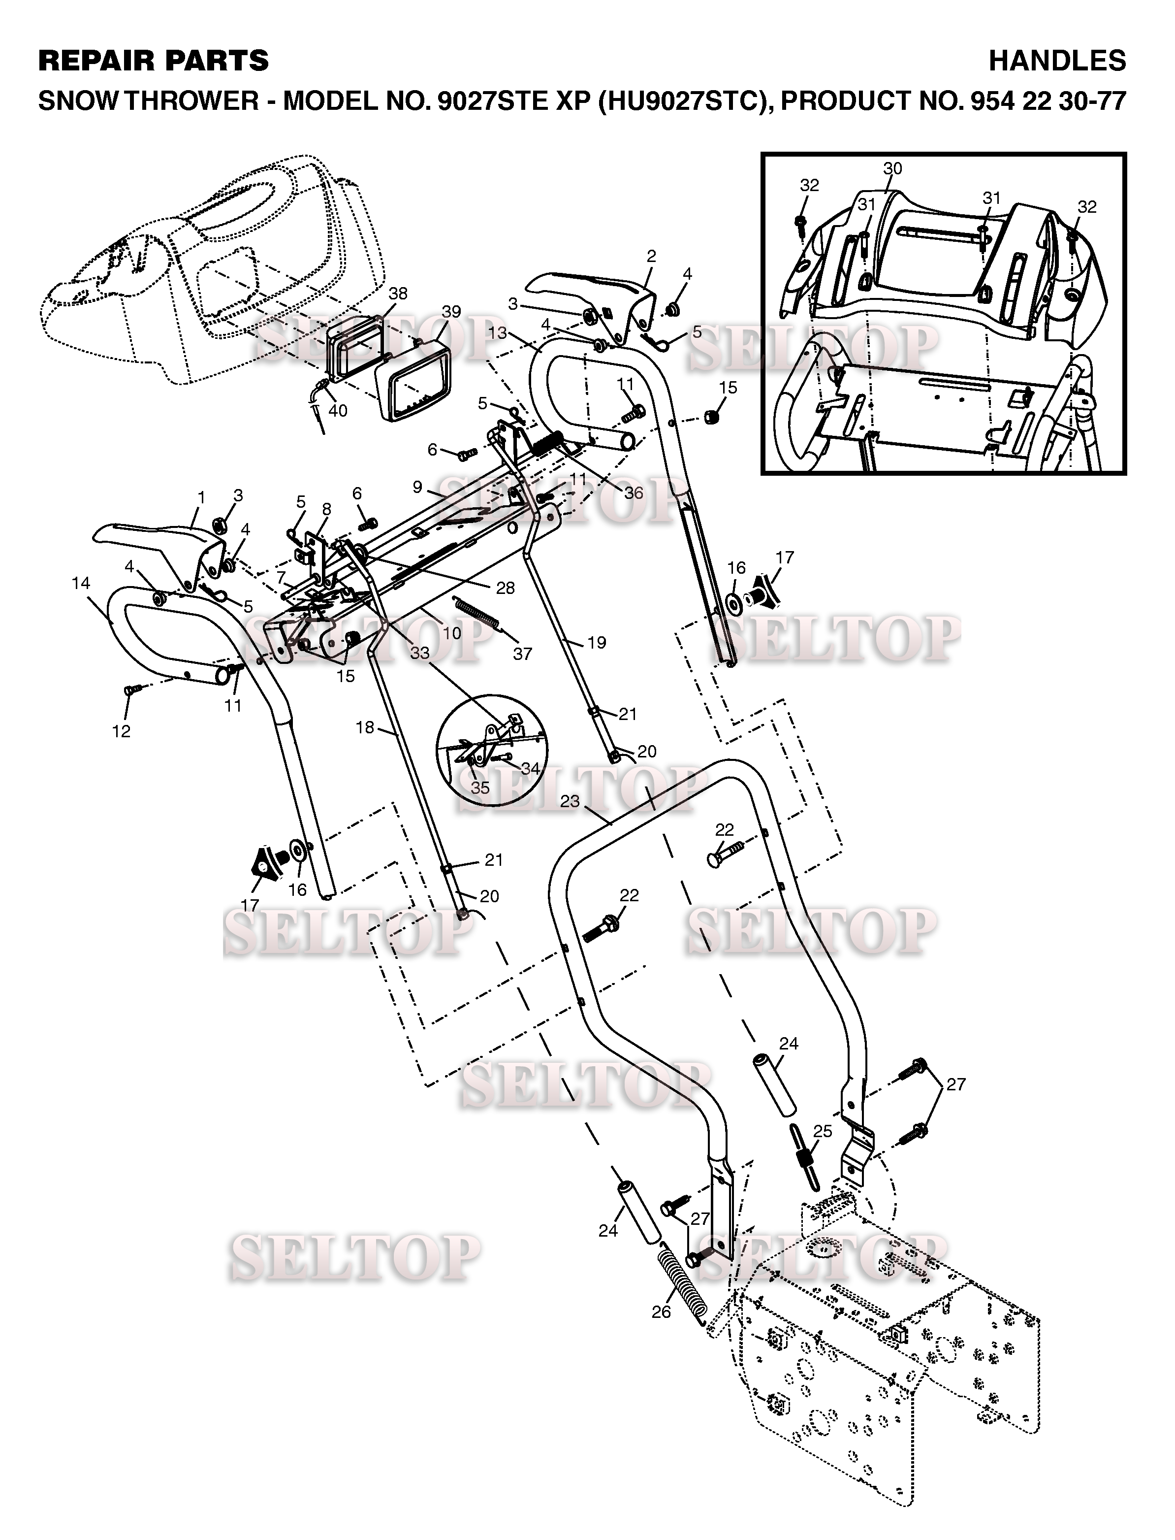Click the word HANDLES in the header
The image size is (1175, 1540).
tap(1057, 61)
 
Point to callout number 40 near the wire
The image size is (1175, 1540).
tap(338, 410)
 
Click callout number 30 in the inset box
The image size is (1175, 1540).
tap(892, 168)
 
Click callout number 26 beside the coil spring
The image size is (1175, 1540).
tap(661, 1312)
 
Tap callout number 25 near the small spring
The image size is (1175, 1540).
tap(823, 1131)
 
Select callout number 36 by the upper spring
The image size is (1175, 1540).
tap(634, 492)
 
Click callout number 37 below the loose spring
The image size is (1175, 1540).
tap(522, 654)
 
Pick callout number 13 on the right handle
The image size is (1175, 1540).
tap(497, 333)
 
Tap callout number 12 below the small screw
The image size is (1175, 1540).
tap(121, 731)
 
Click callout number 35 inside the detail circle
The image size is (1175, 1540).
tap(480, 787)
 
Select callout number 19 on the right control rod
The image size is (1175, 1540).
tap(597, 642)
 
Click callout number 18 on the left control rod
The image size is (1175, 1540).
tap(365, 728)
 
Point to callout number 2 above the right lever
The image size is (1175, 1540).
tap(651, 257)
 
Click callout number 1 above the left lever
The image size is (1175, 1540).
tap(201, 497)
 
